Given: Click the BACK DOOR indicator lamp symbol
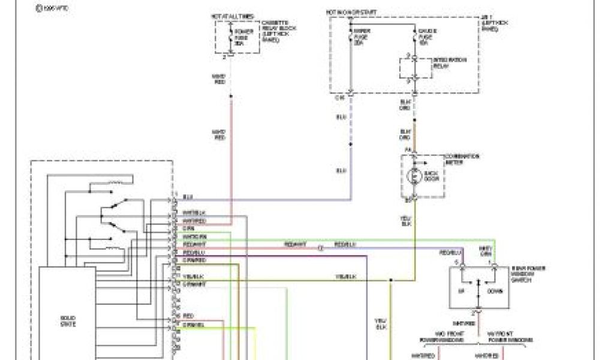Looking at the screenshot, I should click(x=413, y=176).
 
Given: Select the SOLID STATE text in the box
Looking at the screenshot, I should click(x=67, y=320).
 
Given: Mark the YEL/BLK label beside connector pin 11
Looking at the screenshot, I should click(x=191, y=275).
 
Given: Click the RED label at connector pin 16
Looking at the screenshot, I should click(x=188, y=315).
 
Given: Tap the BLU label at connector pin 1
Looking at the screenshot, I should click(x=188, y=196).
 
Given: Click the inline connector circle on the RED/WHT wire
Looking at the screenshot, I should click(x=320, y=247).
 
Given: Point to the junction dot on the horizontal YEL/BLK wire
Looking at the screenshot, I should click(x=390, y=280).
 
